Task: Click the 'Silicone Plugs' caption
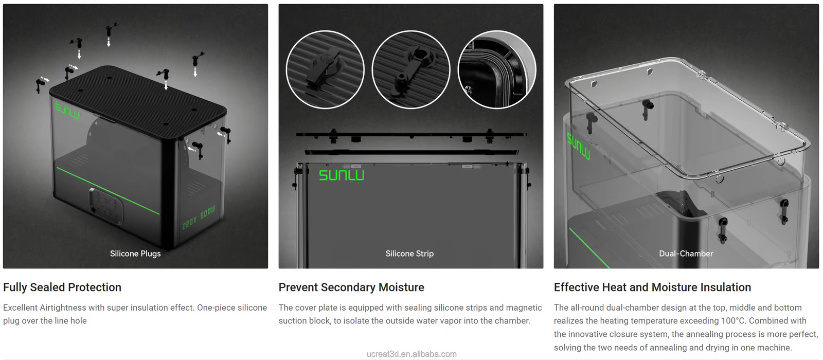coord(135,254)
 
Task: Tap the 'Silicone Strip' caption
coord(409,254)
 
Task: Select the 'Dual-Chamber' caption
coord(686,254)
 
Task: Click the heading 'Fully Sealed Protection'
coord(62,287)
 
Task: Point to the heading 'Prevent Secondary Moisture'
coord(351,287)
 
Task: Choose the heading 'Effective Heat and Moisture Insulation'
coord(652,287)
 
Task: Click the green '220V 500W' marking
coord(199,218)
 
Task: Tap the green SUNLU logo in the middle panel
coord(342,175)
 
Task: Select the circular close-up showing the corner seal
coord(496,69)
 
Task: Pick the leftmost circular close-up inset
coord(325,69)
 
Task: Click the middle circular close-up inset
coord(410,69)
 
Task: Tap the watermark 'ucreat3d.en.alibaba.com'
coord(411,354)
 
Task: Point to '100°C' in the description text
coord(732,321)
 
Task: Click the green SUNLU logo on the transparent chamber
coord(579,147)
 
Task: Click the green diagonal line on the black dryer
coord(108,190)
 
